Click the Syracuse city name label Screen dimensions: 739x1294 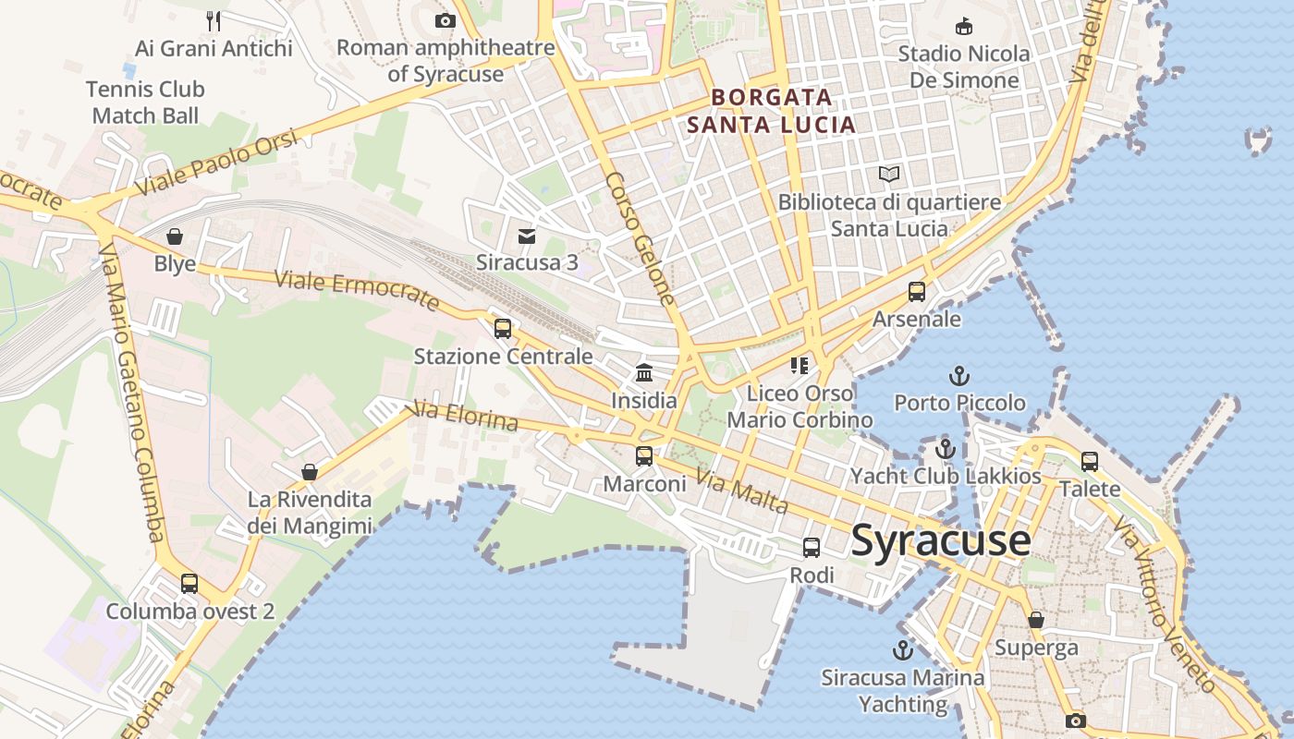[940, 540]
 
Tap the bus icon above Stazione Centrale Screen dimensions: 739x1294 [503, 329]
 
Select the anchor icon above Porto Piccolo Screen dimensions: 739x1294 [959, 376]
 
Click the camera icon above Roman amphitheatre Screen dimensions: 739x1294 [446, 20]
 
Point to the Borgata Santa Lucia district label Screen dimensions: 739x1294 [772, 110]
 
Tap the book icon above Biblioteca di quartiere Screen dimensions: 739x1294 [889, 174]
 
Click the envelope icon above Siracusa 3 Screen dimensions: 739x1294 [527, 236]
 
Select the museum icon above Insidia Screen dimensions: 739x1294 [644, 373]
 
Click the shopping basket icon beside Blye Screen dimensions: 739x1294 [175, 237]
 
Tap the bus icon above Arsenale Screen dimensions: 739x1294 [917, 292]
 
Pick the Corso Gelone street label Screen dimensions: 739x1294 [641, 238]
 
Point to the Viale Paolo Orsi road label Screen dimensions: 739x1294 [218, 163]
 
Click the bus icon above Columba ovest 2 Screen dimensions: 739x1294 [189, 584]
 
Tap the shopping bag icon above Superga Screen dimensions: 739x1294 [1036, 620]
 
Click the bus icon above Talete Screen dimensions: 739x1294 [1090, 461]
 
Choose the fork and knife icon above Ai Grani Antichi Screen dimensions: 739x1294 [214, 19]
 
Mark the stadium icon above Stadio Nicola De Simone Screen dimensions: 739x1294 [964, 26]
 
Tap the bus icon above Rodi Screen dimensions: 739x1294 [812, 548]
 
